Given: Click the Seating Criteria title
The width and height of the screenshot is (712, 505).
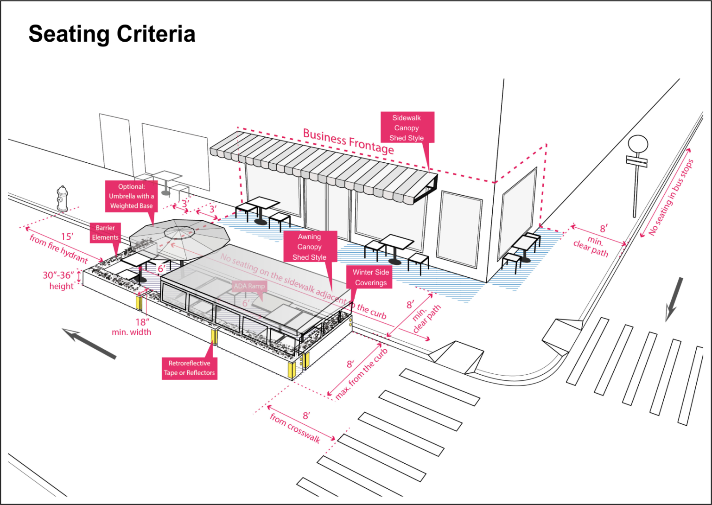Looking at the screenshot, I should click(112, 34).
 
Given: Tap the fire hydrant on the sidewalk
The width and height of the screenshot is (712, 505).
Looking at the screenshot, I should click(62, 199).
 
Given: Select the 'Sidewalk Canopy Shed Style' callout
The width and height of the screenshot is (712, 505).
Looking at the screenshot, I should click(407, 128).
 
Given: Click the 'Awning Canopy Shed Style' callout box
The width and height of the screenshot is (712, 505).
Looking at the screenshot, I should click(310, 247).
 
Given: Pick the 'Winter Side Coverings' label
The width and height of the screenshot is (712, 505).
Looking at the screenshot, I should click(370, 277).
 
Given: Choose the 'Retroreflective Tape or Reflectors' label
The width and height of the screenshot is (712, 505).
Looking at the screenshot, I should click(189, 368).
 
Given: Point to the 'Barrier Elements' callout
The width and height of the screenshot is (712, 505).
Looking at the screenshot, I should click(105, 233).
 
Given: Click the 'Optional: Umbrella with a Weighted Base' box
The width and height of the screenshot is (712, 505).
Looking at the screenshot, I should click(131, 196).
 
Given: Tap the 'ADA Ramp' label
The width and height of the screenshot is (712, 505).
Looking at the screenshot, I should click(249, 286).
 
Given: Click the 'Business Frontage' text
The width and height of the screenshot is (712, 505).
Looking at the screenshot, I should click(348, 141).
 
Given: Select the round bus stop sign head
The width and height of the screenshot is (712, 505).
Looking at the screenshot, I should click(638, 144).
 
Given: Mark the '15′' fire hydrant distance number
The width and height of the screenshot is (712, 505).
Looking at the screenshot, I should click(67, 237).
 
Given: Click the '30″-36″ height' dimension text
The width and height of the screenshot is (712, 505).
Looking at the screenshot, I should click(59, 281).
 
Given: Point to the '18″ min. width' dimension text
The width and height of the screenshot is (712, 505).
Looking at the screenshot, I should click(132, 327).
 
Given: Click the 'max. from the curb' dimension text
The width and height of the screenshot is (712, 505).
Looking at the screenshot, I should click(362, 374).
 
